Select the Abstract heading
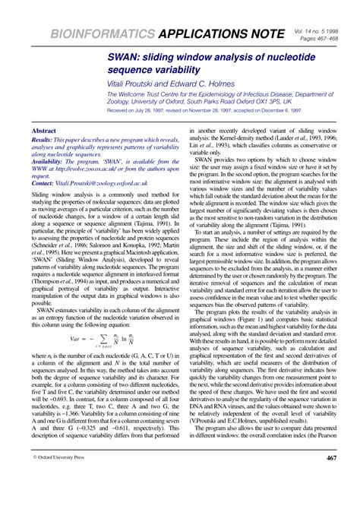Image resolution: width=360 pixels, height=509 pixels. pyautogui.click(x=43, y=131)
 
